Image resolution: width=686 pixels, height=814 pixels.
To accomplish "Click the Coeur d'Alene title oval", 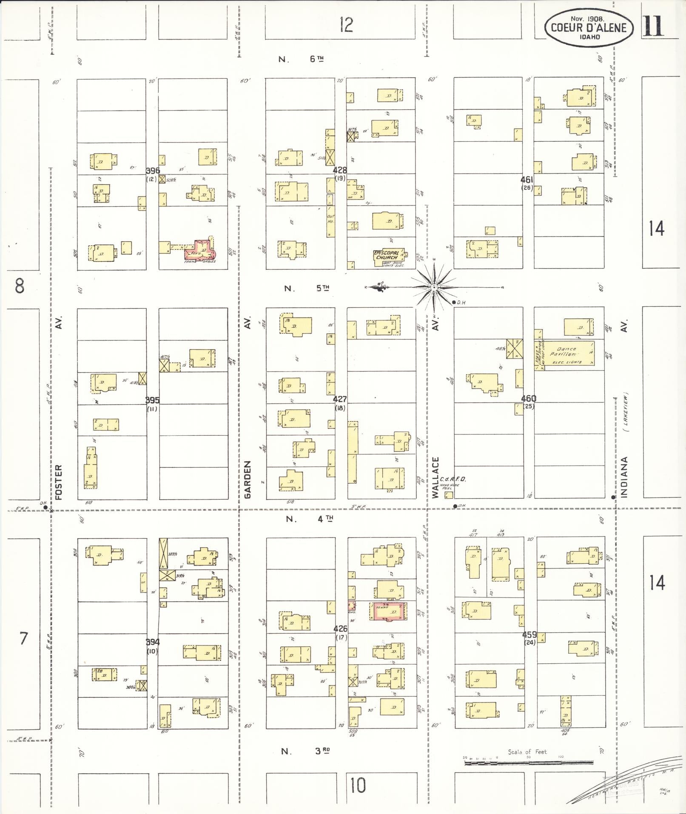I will tap(589, 28).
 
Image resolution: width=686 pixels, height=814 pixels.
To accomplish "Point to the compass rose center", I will tap(434, 288).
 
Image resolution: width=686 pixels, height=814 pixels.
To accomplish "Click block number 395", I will tap(152, 400).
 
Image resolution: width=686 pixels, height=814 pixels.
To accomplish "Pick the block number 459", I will tap(529, 634).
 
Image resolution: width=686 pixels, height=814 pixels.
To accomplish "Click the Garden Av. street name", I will tap(248, 480).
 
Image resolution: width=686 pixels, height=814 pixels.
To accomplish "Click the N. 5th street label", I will tap(306, 288).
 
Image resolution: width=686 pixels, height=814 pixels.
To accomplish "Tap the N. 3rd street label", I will tap(305, 751).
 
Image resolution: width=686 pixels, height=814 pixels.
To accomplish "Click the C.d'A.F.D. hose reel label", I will tap(453, 480).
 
